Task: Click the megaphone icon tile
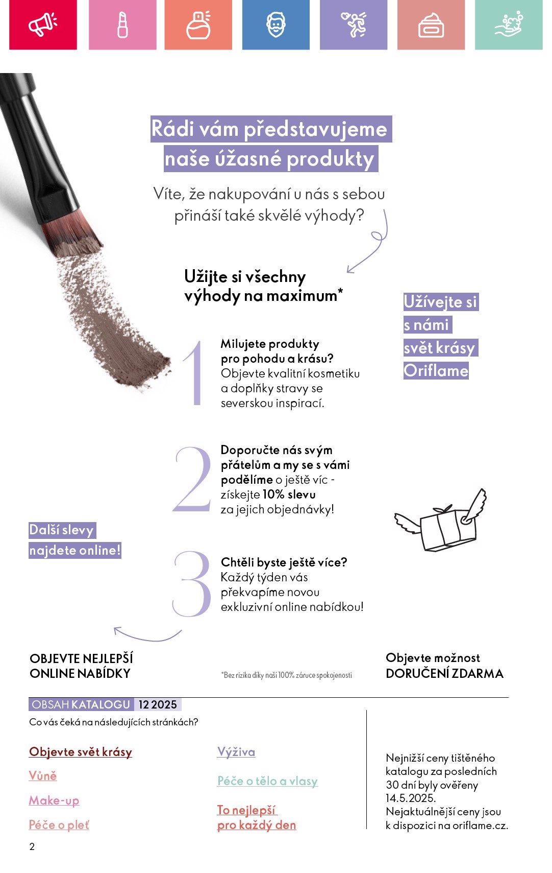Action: point(43,25)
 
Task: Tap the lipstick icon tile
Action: point(122,25)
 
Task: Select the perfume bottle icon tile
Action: point(198,25)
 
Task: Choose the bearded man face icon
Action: point(276,25)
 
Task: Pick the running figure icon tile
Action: point(354,25)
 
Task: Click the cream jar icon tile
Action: point(431,25)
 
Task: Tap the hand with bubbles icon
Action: point(509,24)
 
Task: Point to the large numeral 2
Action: point(192,479)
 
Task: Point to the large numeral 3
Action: point(192,583)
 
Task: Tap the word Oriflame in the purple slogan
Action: point(436,371)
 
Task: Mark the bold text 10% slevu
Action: point(289,494)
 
